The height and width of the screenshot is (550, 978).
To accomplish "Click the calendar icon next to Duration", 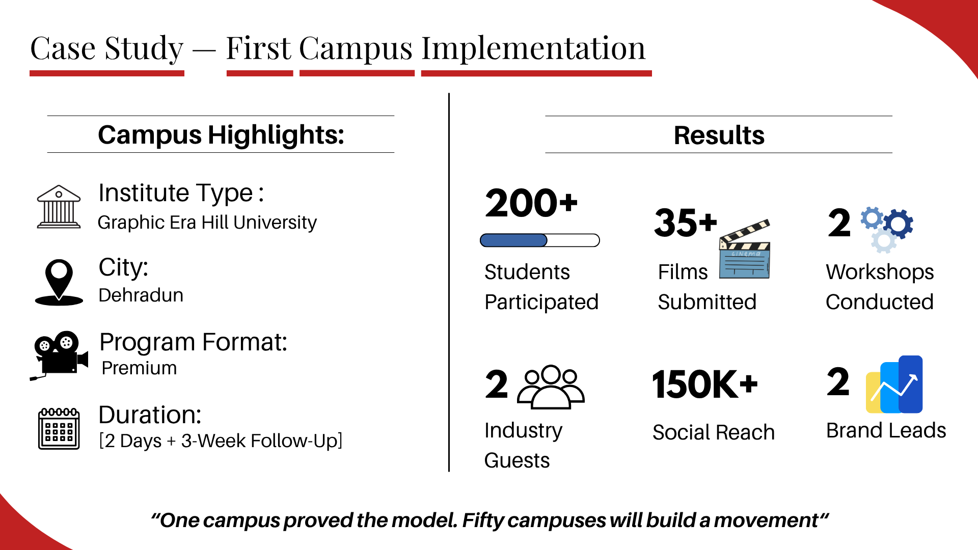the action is [59, 428].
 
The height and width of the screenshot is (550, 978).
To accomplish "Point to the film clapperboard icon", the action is [745, 249].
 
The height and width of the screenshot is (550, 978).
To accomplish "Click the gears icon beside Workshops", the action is [887, 229].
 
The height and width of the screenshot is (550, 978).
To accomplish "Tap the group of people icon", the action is [551, 387].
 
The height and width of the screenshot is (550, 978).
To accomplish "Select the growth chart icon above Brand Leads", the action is [894, 384].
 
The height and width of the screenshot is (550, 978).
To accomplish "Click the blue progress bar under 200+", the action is [540, 240].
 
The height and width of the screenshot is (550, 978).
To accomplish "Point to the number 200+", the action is [531, 203].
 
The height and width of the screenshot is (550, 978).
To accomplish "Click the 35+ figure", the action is [686, 223].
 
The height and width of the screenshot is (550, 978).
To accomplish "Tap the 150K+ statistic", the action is [705, 384].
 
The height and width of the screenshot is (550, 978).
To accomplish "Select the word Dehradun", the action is [141, 295].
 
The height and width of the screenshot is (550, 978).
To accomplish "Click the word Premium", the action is [139, 368].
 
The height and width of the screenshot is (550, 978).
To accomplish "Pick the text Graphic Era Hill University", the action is [207, 223].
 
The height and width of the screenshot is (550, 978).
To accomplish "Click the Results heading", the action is [719, 135].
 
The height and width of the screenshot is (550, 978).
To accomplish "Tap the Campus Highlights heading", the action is [221, 135].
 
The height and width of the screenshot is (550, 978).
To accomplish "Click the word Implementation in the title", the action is [533, 49].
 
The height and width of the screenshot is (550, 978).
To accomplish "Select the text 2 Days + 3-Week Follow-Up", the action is [221, 441].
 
